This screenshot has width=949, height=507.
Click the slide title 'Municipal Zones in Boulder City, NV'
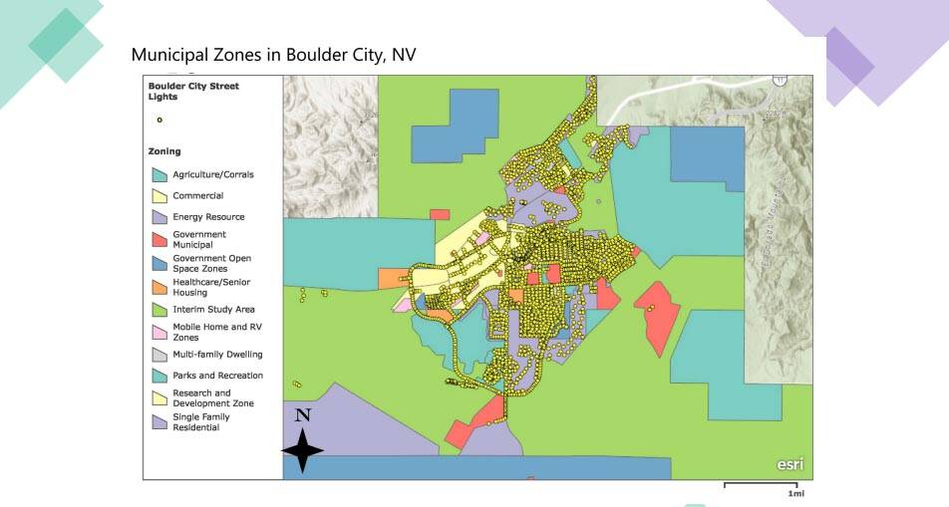point(273,55)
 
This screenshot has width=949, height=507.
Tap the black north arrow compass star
point(303,450)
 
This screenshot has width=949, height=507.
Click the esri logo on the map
point(790,464)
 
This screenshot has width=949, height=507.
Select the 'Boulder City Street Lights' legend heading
point(193,92)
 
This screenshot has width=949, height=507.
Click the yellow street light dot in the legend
point(159,121)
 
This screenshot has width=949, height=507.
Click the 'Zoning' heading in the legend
point(164,151)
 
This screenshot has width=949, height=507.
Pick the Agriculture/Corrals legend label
point(212,174)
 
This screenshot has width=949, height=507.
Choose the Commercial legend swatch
point(159,196)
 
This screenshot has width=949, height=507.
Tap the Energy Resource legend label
point(208,217)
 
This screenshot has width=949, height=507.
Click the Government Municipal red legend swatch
point(159,239)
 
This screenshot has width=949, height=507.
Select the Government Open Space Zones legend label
point(211,263)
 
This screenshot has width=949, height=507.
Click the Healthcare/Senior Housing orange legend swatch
point(159,287)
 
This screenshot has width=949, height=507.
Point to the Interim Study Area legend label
point(213,310)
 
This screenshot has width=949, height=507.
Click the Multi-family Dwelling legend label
point(217,355)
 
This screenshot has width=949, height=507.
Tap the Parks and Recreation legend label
point(217,376)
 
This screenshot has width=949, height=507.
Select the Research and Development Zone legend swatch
point(159,398)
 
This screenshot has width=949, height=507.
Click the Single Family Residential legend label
point(200,422)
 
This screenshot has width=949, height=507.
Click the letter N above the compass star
point(303,415)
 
